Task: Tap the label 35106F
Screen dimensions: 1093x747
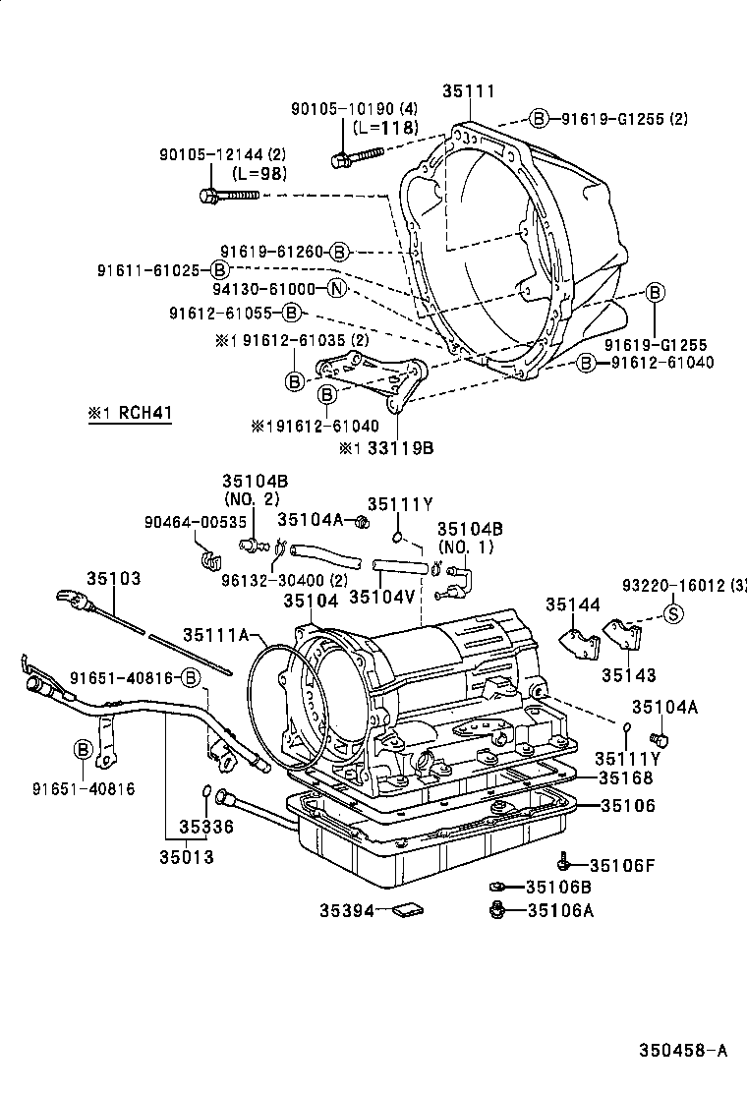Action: [x=621, y=865]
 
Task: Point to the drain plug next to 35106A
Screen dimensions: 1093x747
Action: [x=497, y=909]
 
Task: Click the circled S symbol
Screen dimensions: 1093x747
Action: [x=674, y=616]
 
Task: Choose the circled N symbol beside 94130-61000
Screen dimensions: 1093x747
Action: [x=336, y=289]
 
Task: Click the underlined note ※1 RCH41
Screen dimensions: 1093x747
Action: [x=130, y=414]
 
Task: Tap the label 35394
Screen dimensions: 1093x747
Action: [x=346, y=911]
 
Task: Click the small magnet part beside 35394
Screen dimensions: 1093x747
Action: [x=404, y=910]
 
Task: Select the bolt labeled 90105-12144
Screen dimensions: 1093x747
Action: [x=228, y=196]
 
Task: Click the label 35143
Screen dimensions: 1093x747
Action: [x=629, y=676]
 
